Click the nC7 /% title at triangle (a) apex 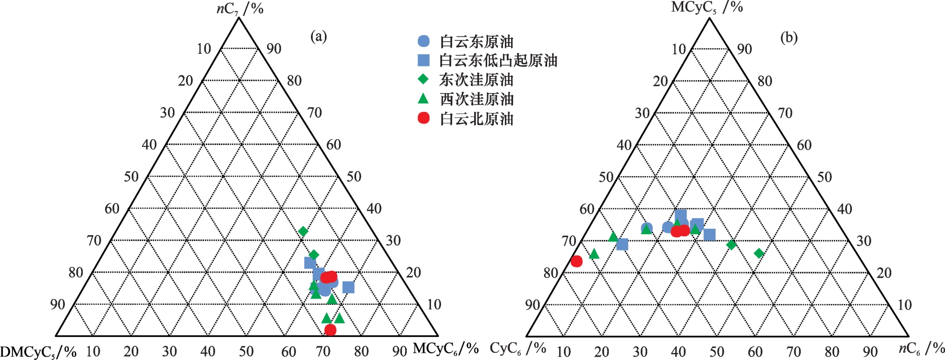[239, 9]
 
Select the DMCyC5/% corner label [38, 352]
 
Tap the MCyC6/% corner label [445, 348]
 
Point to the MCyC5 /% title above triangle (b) [706, 7]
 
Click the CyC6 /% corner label [517, 348]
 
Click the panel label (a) [318, 36]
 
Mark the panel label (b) [789, 37]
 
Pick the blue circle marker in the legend [423, 41]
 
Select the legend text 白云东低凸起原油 [498, 60]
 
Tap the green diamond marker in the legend [423, 79]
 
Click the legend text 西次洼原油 [477, 99]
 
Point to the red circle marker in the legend [423, 118]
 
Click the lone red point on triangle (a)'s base [330, 330]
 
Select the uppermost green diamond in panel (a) [303, 231]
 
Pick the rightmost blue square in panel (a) [348, 287]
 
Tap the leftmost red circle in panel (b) [576, 261]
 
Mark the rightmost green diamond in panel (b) [759, 253]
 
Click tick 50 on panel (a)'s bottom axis [246, 351]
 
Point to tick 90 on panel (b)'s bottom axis [870, 352]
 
